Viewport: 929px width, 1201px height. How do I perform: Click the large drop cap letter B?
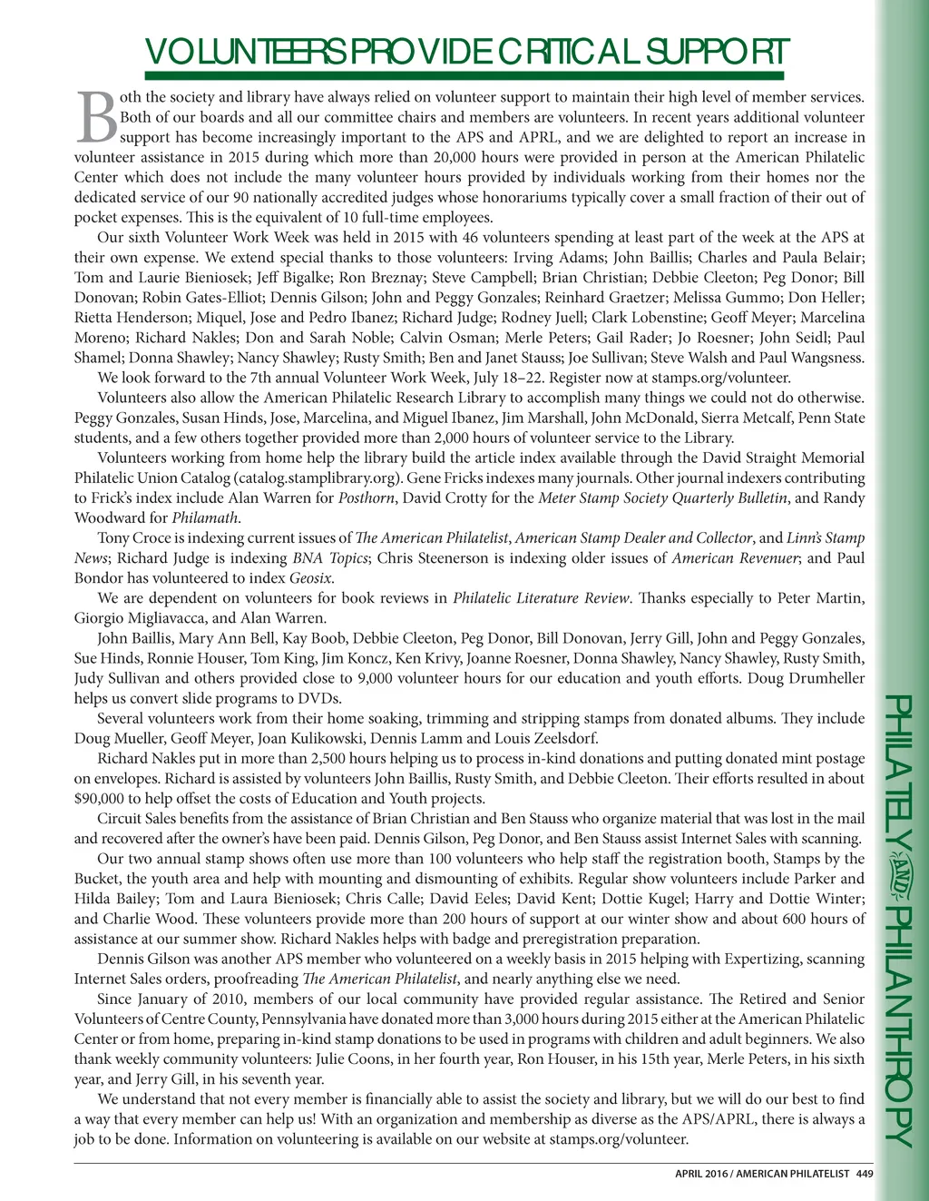pos(95,118)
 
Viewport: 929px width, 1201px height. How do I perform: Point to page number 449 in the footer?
pos(864,1174)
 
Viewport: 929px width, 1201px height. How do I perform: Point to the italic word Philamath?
pos(205,518)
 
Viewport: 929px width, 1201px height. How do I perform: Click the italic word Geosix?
pos(310,578)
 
